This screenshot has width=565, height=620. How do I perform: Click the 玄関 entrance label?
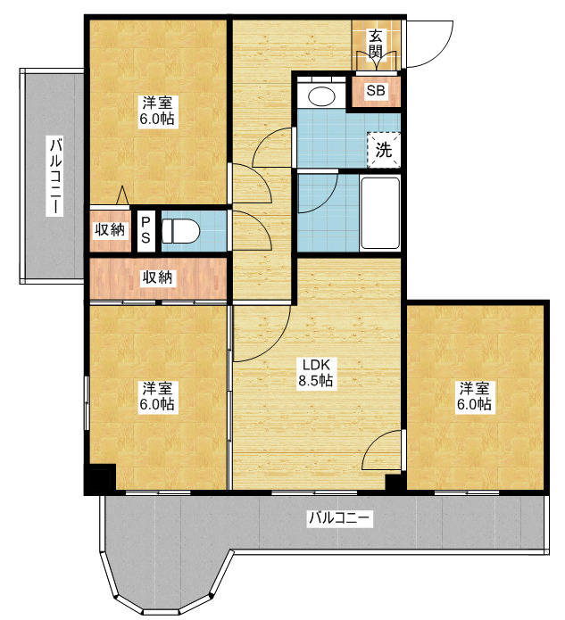pyautogui.click(x=376, y=45)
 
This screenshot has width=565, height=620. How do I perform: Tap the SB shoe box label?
pyautogui.click(x=376, y=91)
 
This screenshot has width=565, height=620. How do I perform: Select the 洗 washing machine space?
pyautogui.click(x=384, y=150)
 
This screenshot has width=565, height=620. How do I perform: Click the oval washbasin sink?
pyautogui.click(x=321, y=95)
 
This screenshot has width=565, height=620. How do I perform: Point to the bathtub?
pyautogui.click(x=380, y=212)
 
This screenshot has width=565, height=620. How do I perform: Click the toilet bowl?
pyautogui.click(x=180, y=231)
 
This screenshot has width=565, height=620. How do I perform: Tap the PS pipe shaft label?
pyautogui.click(x=145, y=230)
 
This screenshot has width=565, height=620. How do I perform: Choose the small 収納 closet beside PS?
pyautogui.click(x=110, y=230)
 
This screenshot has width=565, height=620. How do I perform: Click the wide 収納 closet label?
pyautogui.click(x=157, y=278)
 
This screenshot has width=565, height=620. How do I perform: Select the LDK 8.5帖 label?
pyautogui.click(x=315, y=373)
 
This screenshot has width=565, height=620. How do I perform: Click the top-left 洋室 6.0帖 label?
pyautogui.click(x=157, y=111)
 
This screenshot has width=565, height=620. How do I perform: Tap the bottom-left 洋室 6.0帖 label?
pyautogui.click(x=157, y=396)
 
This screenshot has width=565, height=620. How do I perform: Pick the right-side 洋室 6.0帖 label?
pyautogui.click(x=474, y=396)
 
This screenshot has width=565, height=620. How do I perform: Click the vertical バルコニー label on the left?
pyautogui.click(x=55, y=176)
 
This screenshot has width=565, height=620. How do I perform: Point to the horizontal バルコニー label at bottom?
pyautogui.click(x=340, y=517)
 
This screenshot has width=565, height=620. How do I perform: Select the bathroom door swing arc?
pyautogui.click(x=326, y=200)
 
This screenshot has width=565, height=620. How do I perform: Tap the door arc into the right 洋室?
pyautogui.click(x=375, y=442)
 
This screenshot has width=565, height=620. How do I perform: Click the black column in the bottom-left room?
pyautogui.click(x=100, y=479)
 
